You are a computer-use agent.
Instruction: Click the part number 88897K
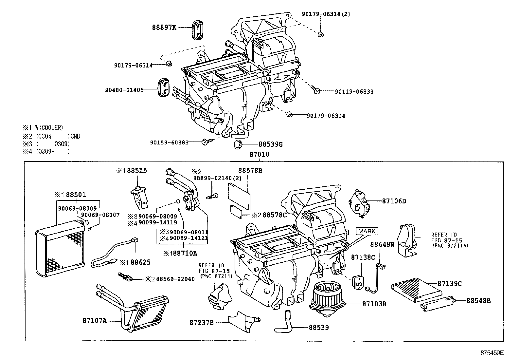pyautogui.click(x=164, y=28)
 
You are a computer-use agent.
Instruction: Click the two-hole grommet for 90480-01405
pyautogui.click(x=164, y=87)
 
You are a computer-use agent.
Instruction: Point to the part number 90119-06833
pyautogui.click(x=354, y=92)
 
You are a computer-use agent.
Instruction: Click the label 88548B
pyautogui.click(x=478, y=300)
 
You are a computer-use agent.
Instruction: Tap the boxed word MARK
pyautogui.click(x=367, y=231)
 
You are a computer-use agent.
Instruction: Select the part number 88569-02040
pyautogui.click(x=175, y=279)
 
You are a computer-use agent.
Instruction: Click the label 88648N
pyautogui.click(x=382, y=244)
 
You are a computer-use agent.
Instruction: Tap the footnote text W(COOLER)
pyautogui.click(x=49, y=128)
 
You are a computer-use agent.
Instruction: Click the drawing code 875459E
pyautogui.click(x=492, y=353)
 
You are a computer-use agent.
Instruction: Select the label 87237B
pyautogui.click(x=202, y=323)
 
